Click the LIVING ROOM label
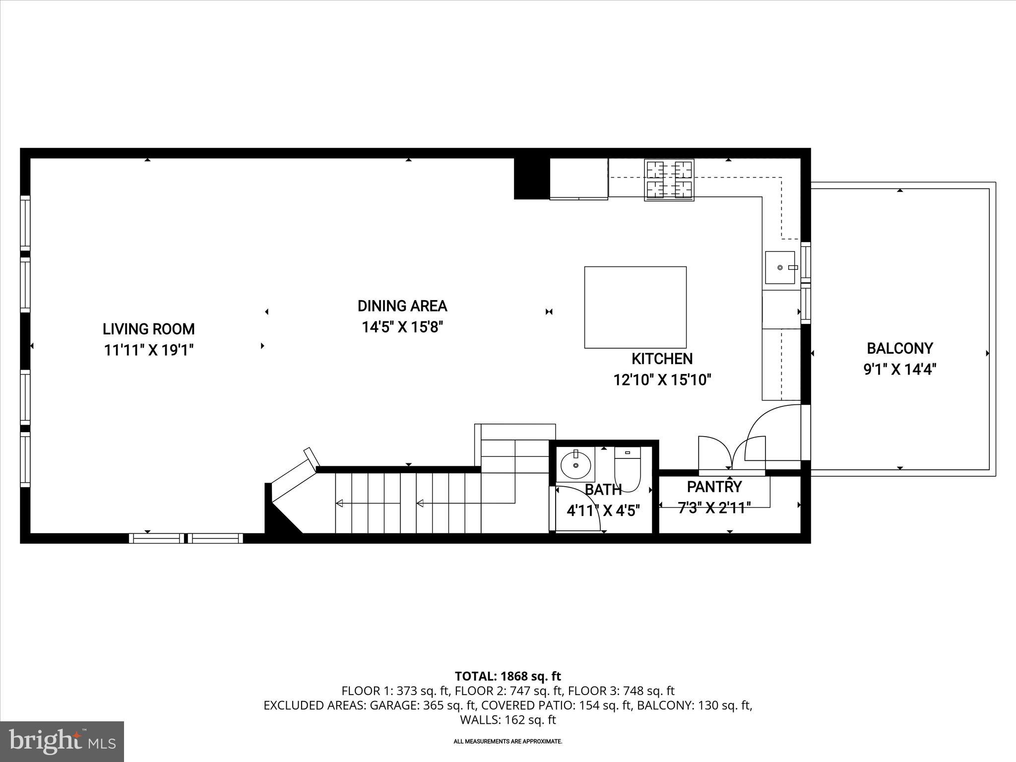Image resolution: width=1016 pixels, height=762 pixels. (148, 329)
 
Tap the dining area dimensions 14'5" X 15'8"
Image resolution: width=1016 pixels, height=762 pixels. (402, 327)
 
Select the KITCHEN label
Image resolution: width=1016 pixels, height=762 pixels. (662, 358)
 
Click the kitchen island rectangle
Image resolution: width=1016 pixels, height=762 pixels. (635, 307)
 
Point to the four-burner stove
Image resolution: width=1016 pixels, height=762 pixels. (669, 180)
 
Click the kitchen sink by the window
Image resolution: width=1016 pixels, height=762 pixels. (780, 267)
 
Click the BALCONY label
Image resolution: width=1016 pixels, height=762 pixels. (899, 348)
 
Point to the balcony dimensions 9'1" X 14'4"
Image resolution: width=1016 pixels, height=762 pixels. (899, 370)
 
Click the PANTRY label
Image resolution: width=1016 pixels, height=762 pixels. (714, 487)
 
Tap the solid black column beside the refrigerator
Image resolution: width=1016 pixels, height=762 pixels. (531, 179)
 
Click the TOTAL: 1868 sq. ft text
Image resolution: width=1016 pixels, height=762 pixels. (508, 676)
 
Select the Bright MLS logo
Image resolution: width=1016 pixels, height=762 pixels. (62, 741)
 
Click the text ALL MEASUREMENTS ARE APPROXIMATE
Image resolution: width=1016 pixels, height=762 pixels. (508, 742)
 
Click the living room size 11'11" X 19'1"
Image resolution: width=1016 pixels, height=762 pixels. (148, 350)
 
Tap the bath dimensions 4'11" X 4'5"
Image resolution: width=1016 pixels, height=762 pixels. (603, 510)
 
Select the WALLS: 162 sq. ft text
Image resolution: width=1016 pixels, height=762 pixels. (508, 719)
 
